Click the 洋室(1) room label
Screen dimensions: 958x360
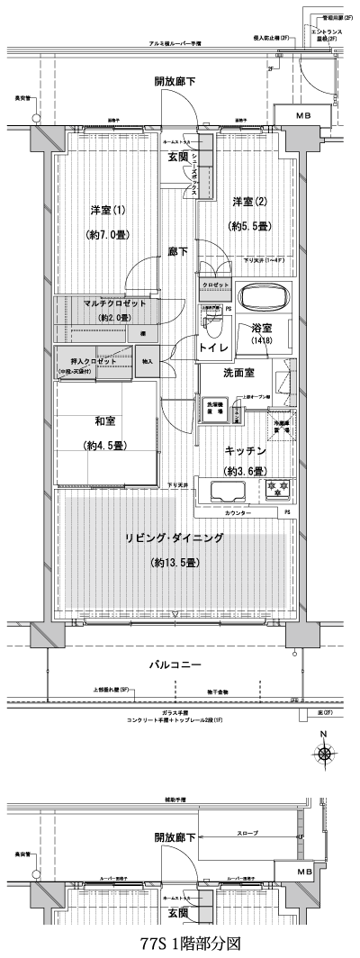tap(107, 210)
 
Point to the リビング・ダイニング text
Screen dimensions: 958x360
tap(175, 538)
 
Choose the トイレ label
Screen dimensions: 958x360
tap(211, 345)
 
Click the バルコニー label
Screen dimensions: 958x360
tap(175, 665)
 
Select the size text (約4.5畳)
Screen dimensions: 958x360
tap(106, 446)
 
